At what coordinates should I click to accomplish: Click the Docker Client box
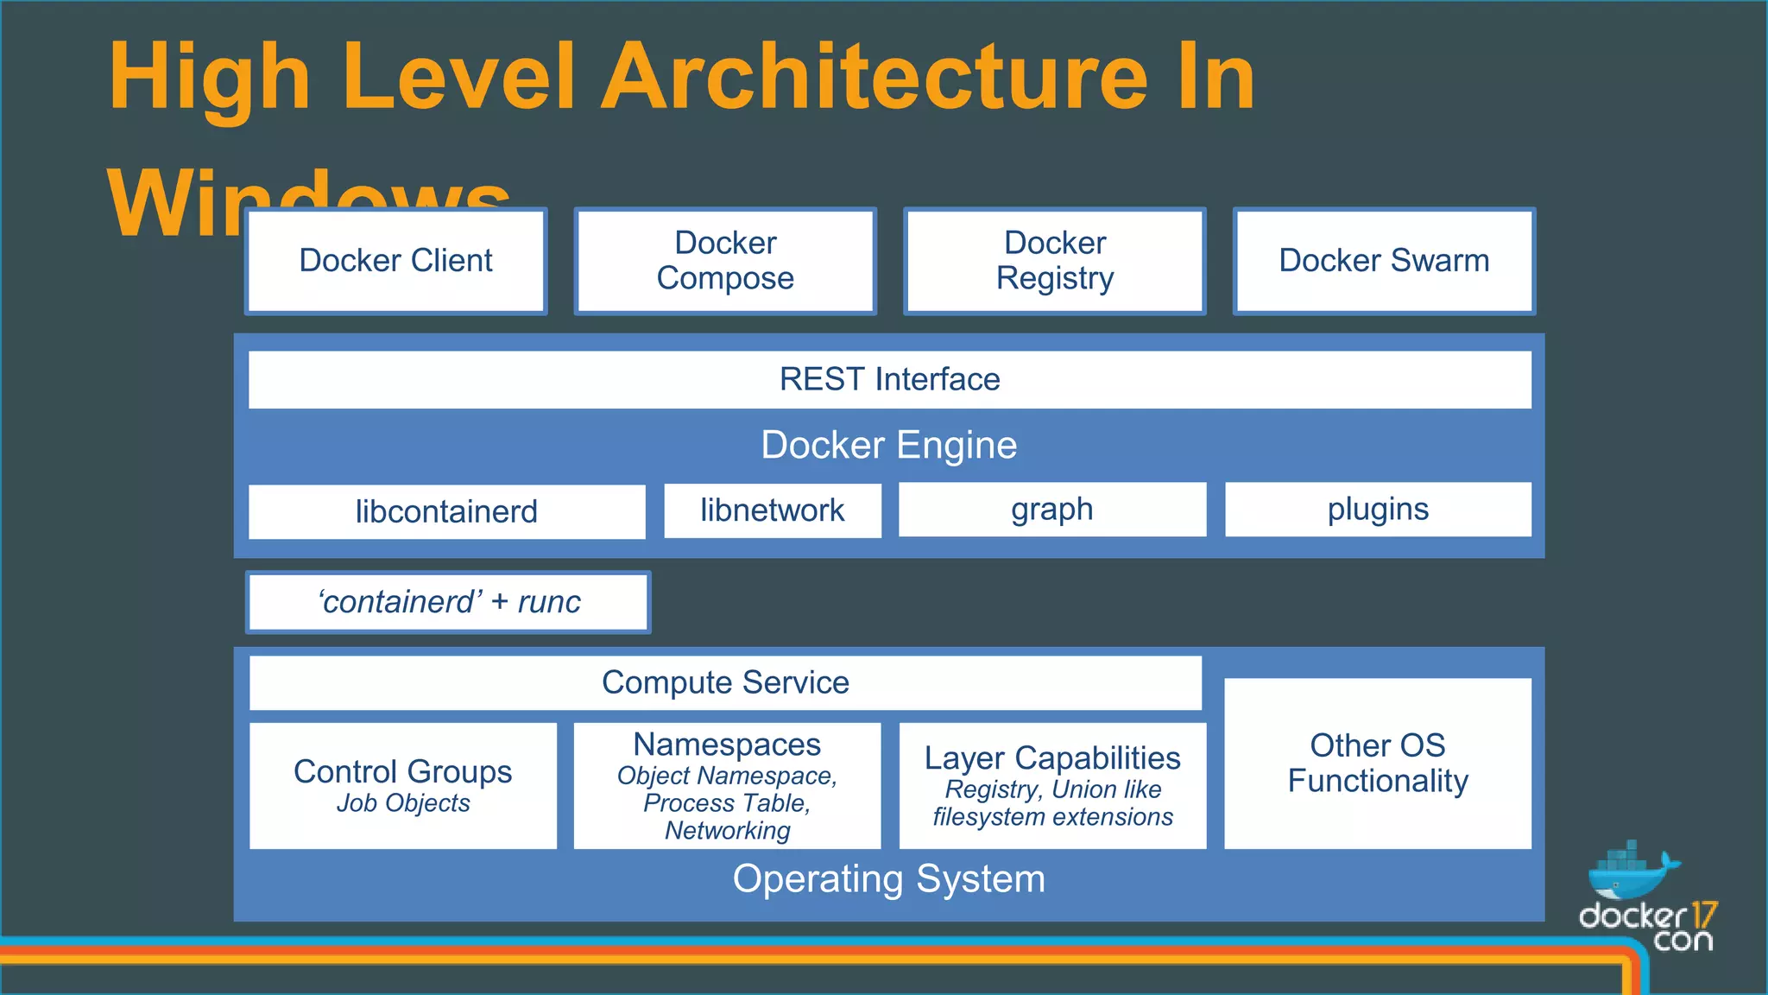[395, 261]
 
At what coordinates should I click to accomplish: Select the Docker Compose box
[725, 261]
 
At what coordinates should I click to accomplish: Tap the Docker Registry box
[1054, 261]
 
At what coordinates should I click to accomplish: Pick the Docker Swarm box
[1384, 261]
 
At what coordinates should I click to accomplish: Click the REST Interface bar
[889, 379]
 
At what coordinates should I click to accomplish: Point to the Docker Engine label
[889, 445]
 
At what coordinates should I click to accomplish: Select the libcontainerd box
[446, 511]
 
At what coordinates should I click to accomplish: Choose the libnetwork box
[772, 510]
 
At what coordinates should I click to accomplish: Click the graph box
[1051, 510]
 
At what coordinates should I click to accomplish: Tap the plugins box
[1378, 510]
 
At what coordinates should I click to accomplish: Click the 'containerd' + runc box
[448, 602]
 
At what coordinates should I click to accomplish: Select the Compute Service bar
[725, 682]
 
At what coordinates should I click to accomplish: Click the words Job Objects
[403, 803]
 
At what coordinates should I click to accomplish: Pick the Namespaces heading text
[727, 745]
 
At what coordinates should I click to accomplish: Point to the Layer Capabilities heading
[1052, 757]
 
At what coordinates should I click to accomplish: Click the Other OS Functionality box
[1378, 763]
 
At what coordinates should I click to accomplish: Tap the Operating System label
[889, 879]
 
